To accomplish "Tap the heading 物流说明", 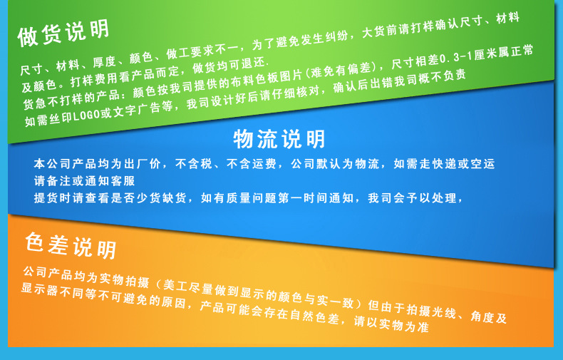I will tap(279, 138).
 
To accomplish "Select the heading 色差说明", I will tap(70, 245).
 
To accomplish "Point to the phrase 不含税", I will tap(193, 164).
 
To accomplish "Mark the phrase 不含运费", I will tap(251, 164).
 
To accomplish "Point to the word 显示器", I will tap(38, 289).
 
